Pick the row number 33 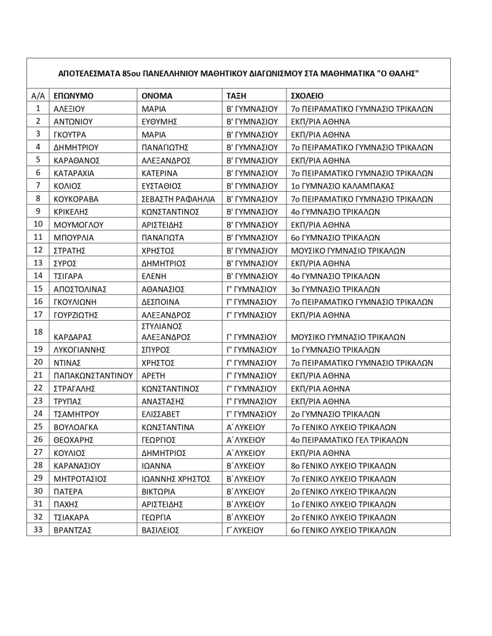[x=38, y=530]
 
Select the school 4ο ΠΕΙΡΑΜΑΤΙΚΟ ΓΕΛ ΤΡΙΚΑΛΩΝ [x=358, y=439]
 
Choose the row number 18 [x=38, y=331]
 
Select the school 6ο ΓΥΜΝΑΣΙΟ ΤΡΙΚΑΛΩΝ [x=335, y=237]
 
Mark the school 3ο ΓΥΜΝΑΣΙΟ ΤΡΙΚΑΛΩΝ [x=335, y=289]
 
